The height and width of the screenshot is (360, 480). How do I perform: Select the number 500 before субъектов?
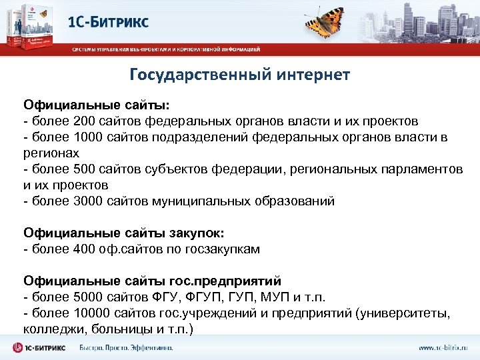[x=75, y=169]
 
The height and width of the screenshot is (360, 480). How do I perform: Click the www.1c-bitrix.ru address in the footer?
[x=442, y=347]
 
